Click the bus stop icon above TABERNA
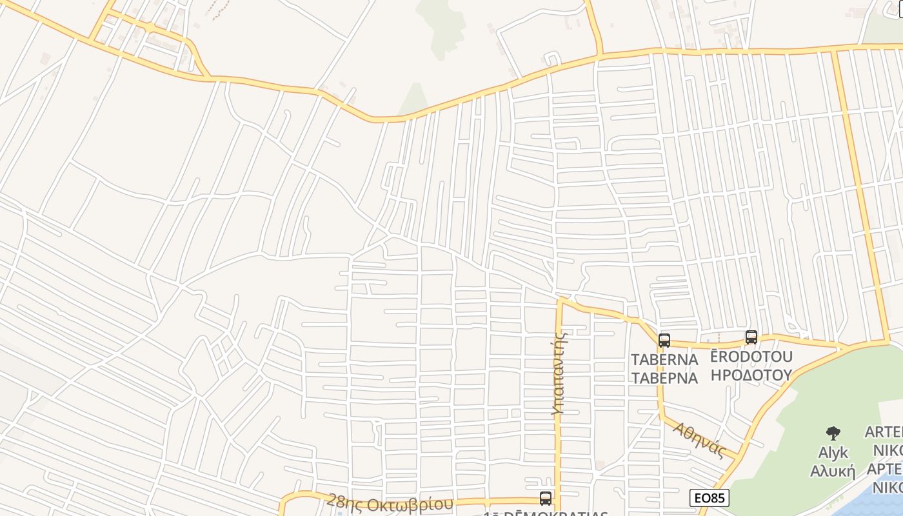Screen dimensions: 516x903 (664, 341)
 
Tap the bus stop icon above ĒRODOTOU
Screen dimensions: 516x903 (751, 337)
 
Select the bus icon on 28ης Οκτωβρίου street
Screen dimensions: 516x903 (546, 498)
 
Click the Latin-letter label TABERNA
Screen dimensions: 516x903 (664, 359)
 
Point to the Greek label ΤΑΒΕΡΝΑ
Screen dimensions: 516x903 (664, 378)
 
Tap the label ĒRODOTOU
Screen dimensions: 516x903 (751, 357)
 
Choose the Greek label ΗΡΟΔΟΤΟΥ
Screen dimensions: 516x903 (751, 375)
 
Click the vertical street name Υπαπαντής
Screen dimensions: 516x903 (559, 372)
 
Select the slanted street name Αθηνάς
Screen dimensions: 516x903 (700, 439)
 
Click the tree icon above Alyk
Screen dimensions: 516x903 (833, 433)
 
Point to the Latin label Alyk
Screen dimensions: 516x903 (833, 452)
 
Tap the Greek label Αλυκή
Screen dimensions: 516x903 (833, 471)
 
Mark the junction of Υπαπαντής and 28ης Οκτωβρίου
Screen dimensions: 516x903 (559, 499)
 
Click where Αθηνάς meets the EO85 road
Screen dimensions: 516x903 (738, 459)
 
